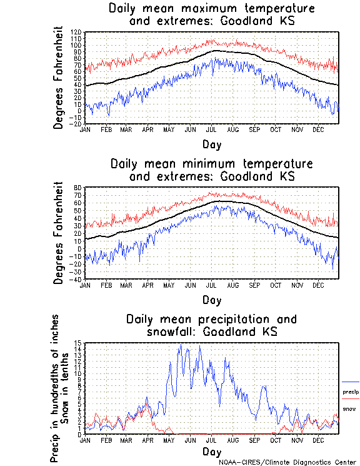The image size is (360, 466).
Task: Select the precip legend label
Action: pyautogui.click(x=351, y=392)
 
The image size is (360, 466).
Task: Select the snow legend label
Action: pyautogui.click(x=349, y=409)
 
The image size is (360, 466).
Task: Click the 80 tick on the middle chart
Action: pyautogui.click(x=79, y=188)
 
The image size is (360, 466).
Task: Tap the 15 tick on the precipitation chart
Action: pyautogui.click(x=79, y=343)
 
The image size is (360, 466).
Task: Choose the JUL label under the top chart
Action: pyautogui.click(x=211, y=130)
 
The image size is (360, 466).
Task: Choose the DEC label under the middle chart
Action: pyautogui.click(x=317, y=285)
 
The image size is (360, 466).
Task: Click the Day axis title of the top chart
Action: pyautogui.click(x=211, y=144)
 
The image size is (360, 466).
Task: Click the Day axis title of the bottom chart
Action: pyautogui.click(x=211, y=452)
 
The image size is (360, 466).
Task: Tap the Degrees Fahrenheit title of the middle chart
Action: pyautogui.click(x=59, y=233)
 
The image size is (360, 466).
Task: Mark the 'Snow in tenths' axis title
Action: pyautogui.click(x=67, y=388)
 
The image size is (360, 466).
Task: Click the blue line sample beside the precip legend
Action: pyautogui.click(x=351, y=382)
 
